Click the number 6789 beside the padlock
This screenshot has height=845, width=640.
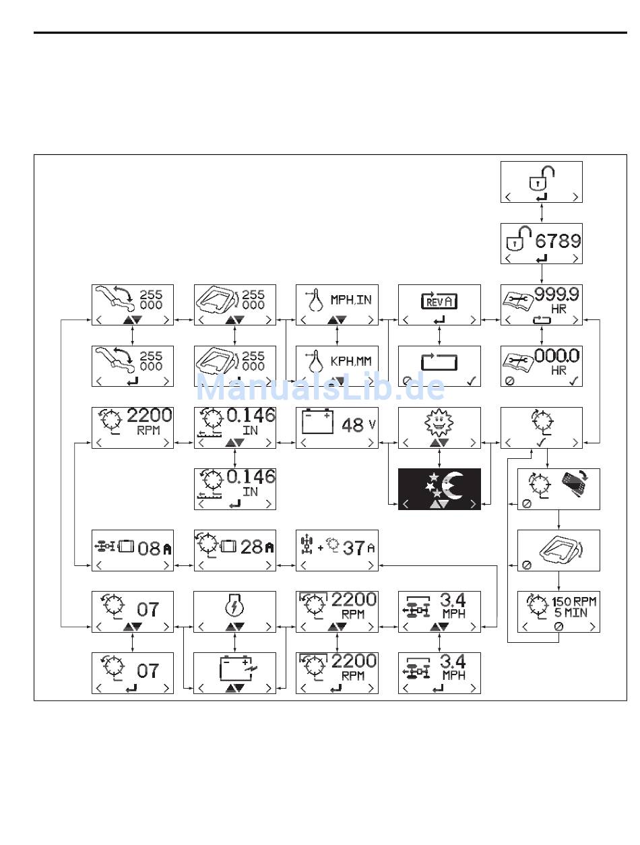point(558,241)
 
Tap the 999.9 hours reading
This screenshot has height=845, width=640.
point(556,295)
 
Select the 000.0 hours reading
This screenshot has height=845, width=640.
point(556,356)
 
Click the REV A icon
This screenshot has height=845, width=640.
point(439,301)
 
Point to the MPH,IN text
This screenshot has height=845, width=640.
point(350,300)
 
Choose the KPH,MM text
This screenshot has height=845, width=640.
point(350,361)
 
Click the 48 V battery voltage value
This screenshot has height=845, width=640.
point(358,425)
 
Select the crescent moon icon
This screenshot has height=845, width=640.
point(452,485)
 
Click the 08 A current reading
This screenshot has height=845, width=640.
point(154,549)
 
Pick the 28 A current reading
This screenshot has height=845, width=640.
point(257,547)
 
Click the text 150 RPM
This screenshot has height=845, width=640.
point(573,602)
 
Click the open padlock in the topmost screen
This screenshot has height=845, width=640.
point(541,178)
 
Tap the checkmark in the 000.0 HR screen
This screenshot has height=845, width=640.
point(573,381)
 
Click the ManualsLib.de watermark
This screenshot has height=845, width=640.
point(321,387)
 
